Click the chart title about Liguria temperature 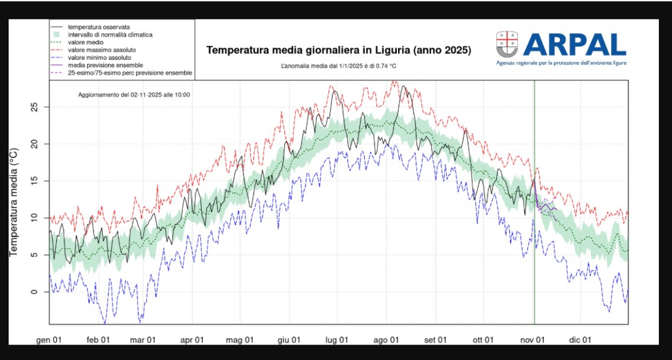pyautogui.click(x=338, y=51)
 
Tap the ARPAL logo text pyautogui.click(x=574, y=44)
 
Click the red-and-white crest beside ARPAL pyautogui.click(x=507, y=44)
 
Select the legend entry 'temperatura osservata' pyautogui.click(x=98, y=27)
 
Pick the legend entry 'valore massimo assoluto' pyautogui.click(x=102, y=51)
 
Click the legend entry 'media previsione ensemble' pyautogui.click(x=105, y=65)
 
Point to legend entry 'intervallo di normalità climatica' pyautogui.click(x=110, y=35)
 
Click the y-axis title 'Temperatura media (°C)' pyautogui.click(x=14, y=202)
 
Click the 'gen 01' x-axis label pyautogui.click(x=49, y=340)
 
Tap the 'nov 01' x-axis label pyautogui.click(x=532, y=340)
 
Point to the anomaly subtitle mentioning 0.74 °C pyautogui.click(x=338, y=66)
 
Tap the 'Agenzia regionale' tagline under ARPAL pyautogui.click(x=561, y=63)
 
